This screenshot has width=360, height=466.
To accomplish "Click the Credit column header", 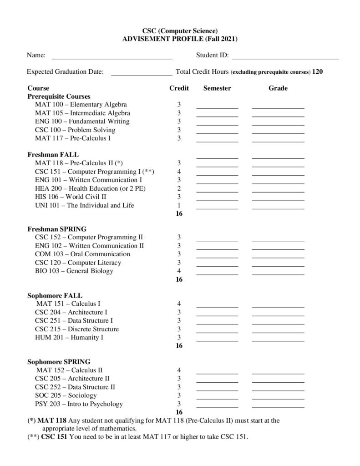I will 179,88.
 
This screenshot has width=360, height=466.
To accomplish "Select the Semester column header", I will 217,88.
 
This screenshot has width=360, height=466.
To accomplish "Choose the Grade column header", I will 278,88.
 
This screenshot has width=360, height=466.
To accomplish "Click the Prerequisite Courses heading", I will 59,96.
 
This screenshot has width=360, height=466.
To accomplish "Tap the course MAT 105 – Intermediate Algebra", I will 82,113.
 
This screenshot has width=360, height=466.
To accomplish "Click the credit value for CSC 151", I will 179,172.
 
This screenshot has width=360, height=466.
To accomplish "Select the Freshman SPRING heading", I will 57,228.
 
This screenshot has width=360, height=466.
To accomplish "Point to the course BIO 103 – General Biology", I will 74,271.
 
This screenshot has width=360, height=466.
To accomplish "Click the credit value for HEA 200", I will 179,188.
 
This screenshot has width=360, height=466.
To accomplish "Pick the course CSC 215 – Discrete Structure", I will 76,329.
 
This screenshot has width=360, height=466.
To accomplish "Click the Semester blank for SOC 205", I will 217,397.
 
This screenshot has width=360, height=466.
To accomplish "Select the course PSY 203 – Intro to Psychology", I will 79,404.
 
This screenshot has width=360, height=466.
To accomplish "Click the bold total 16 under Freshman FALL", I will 179,213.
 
